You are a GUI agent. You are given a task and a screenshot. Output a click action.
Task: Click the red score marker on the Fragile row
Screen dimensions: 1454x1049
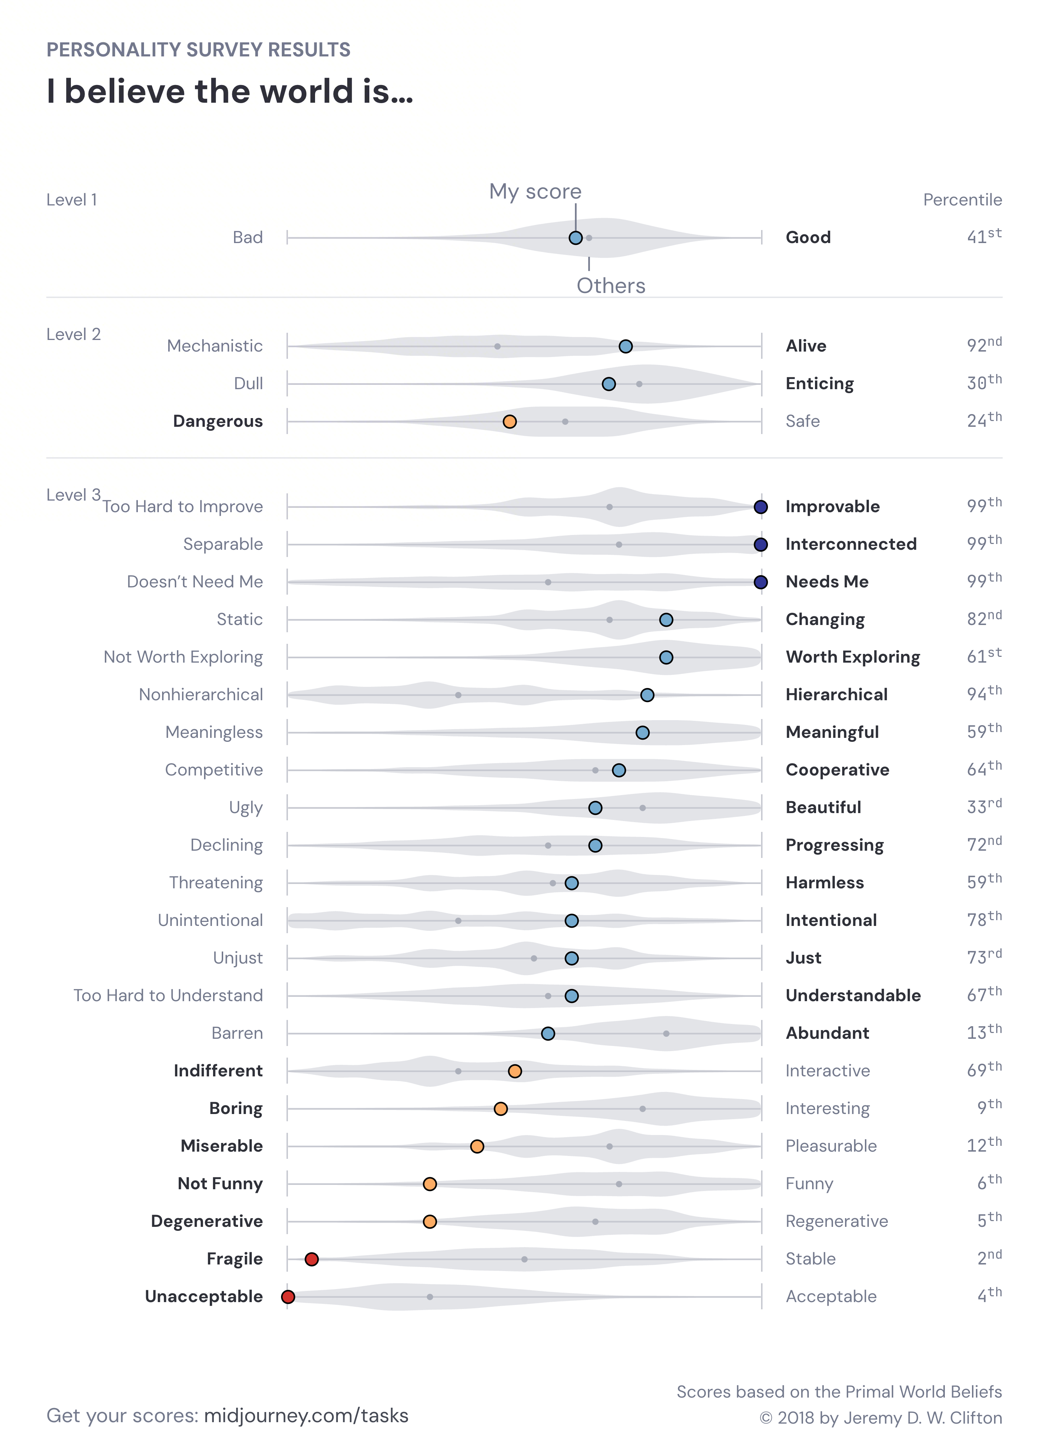311,1259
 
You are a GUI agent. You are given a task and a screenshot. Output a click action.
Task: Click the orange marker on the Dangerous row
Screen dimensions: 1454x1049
510,421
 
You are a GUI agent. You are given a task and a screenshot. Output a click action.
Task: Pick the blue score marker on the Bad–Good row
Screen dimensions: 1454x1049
576,238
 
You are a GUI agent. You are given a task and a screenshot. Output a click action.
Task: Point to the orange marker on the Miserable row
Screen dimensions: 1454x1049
477,1146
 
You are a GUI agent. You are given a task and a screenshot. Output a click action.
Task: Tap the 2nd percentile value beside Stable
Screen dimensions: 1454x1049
989,1258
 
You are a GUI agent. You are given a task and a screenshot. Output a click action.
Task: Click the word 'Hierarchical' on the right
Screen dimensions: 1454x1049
836,694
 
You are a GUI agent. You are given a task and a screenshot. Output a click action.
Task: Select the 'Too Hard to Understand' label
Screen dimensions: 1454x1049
168,996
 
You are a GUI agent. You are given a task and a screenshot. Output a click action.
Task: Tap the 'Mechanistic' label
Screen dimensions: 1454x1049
215,346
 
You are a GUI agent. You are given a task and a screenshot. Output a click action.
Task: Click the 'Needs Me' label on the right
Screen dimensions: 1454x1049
827,582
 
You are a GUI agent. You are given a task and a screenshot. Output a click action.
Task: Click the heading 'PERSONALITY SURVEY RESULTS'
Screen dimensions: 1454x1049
198,50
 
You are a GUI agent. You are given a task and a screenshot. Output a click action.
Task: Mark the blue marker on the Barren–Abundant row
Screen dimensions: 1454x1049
548,1033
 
